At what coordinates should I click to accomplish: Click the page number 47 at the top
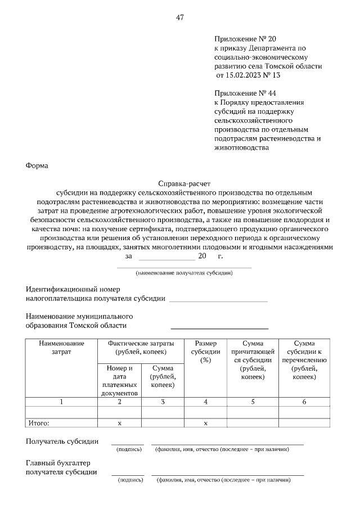click(180, 17)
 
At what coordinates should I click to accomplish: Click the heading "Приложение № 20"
click(245, 39)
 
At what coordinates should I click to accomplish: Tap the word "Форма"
click(37, 166)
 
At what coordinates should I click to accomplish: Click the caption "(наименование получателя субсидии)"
click(184, 273)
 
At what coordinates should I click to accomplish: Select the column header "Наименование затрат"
click(61, 348)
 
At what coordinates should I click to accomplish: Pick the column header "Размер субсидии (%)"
click(205, 352)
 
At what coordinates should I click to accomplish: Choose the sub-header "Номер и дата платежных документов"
click(119, 381)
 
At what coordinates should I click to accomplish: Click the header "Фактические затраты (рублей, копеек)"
click(140, 348)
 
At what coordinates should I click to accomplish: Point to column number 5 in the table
click(253, 402)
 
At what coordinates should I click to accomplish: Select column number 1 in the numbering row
click(61, 402)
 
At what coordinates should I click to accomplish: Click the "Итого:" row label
click(39, 423)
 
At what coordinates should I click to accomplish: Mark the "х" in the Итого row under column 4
click(205, 423)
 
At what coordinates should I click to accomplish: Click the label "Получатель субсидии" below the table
click(62, 442)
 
